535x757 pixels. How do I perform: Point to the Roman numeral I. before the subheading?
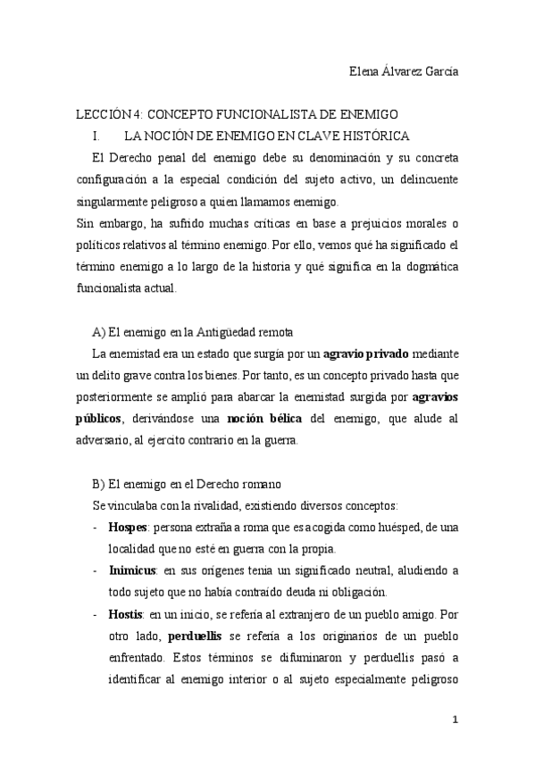click(x=96, y=137)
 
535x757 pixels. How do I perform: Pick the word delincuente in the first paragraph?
click(x=422, y=179)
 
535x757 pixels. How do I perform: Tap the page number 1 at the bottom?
click(x=456, y=720)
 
